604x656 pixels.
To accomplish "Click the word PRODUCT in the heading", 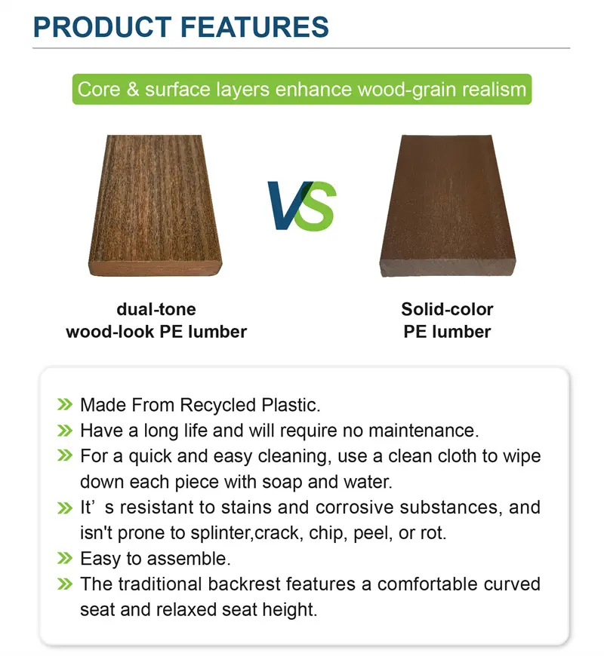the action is coord(102,27).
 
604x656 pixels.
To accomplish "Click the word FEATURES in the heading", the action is coord(254,27).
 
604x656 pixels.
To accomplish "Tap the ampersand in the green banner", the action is coord(133,89).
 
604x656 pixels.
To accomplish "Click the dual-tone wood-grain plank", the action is coord(156,205).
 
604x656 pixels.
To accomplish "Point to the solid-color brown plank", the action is coord(448,205).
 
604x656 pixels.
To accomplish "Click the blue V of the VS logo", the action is coord(289,205).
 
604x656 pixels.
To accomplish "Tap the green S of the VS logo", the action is coord(319,207).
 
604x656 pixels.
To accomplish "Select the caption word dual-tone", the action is coord(156,309).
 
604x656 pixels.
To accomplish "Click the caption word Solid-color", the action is coord(447,309).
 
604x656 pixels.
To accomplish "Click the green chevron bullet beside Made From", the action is coord(65,405).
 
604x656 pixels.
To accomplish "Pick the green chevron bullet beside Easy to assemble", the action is coord(65,558).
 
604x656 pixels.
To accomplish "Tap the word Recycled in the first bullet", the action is coord(217,405).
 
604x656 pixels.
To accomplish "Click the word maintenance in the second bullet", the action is coord(424,431).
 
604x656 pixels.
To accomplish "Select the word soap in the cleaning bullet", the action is coord(281,482).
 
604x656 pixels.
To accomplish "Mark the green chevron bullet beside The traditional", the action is coord(65,584).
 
